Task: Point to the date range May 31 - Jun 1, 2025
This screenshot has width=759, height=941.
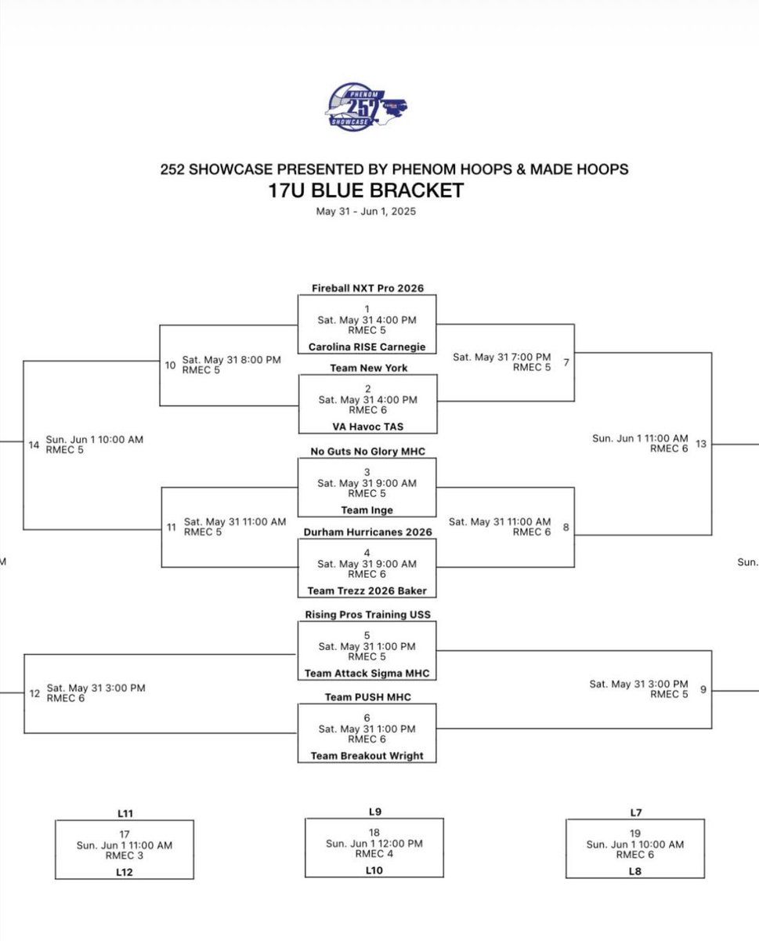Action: click(x=366, y=211)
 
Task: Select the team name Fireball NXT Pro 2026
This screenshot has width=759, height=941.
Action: click(x=367, y=288)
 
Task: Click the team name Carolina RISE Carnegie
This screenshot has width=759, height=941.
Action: click(x=367, y=345)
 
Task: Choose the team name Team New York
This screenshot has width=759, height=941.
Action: click(x=367, y=368)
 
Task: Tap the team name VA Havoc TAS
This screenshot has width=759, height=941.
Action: click(x=367, y=427)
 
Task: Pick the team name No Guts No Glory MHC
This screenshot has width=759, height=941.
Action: click(x=367, y=451)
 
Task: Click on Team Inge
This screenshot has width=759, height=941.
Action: click(x=367, y=510)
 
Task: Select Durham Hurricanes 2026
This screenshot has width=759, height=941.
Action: click(x=367, y=532)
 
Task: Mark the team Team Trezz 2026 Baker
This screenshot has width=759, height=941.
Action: click(x=367, y=590)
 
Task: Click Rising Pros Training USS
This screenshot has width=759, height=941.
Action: click(x=367, y=614)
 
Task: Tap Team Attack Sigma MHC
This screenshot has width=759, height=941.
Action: click(x=367, y=673)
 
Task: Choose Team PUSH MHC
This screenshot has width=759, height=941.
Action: click(x=367, y=696)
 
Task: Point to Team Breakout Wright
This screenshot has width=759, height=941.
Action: click(x=367, y=756)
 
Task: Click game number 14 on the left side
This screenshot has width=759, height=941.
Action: click(x=34, y=445)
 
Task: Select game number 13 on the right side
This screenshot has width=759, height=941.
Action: click(x=700, y=444)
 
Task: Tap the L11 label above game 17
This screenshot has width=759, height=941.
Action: click(x=124, y=814)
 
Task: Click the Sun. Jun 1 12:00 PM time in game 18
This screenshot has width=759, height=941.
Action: click(x=374, y=844)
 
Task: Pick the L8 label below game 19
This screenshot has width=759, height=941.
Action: click(x=634, y=871)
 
